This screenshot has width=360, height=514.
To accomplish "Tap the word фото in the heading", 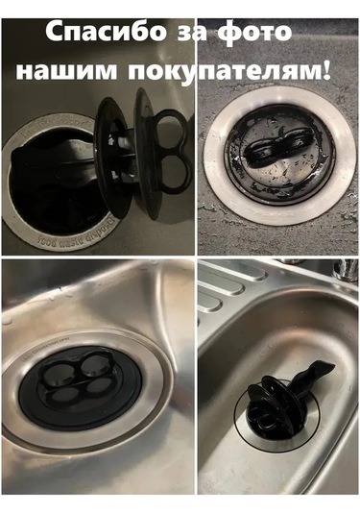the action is click(x=254, y=32).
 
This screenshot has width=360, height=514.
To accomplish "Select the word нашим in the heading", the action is click(x=66, y=70).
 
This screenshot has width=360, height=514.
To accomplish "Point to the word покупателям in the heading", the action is click(x=224, y=71).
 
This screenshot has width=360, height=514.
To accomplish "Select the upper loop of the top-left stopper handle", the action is click(x=172, y=126).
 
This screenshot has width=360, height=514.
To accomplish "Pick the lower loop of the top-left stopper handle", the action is click(x=176, y=174).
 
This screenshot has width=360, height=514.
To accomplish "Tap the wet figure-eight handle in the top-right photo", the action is click(x=276, y=149).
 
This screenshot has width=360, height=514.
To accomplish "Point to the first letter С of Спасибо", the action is click(x=54, y=32).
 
